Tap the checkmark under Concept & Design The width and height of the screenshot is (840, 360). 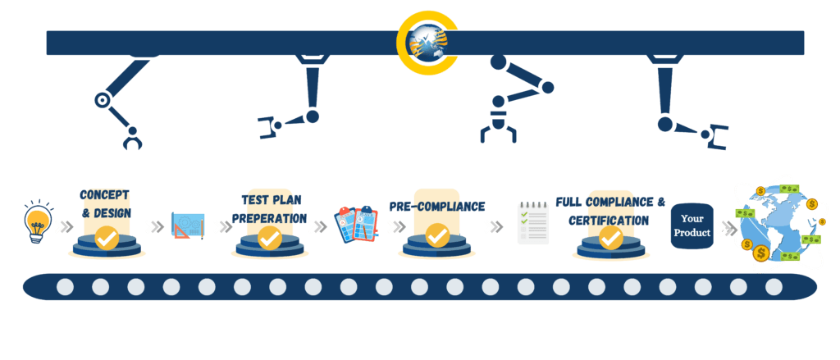click(x=106, y=238)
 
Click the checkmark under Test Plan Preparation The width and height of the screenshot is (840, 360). click(x=270, y=238)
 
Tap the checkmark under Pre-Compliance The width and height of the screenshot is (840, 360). click(x=437, y=236)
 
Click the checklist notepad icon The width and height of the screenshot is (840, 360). click(x=532, y=223)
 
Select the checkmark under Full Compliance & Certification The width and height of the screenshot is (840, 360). click(x=610, y=238)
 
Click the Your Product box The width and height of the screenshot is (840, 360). click(x=692, y=226)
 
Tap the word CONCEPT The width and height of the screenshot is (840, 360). click(x=105, y=195)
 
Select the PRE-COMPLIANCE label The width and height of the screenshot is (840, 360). click(x=436, y=207)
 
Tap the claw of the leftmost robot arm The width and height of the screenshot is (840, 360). click(x=132, y=141)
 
